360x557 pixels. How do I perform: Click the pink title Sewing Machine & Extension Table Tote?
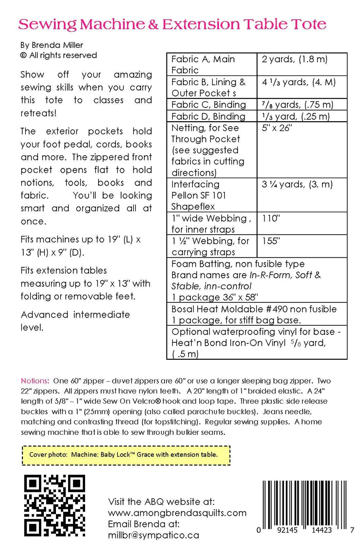coord(172,24)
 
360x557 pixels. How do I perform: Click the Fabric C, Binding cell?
coord(209,105)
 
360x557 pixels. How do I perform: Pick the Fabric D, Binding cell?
coord(209,116)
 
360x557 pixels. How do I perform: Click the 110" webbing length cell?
coord(271,219)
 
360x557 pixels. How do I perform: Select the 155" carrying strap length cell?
coord(271,241)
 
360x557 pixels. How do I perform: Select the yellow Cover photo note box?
coord(126,454)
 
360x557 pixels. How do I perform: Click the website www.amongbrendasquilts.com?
coord(177,513)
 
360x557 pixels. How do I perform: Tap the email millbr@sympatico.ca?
coord(154,535)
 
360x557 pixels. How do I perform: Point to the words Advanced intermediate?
coord(75,315)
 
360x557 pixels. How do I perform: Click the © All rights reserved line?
coord(58,56)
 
